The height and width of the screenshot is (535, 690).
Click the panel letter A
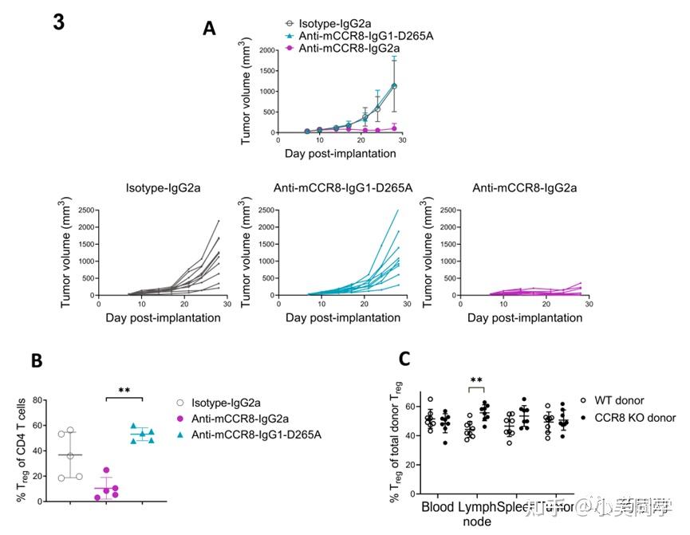[209, 30]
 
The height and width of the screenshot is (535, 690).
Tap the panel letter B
[37, 360]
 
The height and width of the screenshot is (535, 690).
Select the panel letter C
[404, 358]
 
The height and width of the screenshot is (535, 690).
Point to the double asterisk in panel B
[124, 391]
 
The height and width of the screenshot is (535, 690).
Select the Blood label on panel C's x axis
[438, 506]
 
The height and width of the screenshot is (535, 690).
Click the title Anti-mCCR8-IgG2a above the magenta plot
[524, 188]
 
